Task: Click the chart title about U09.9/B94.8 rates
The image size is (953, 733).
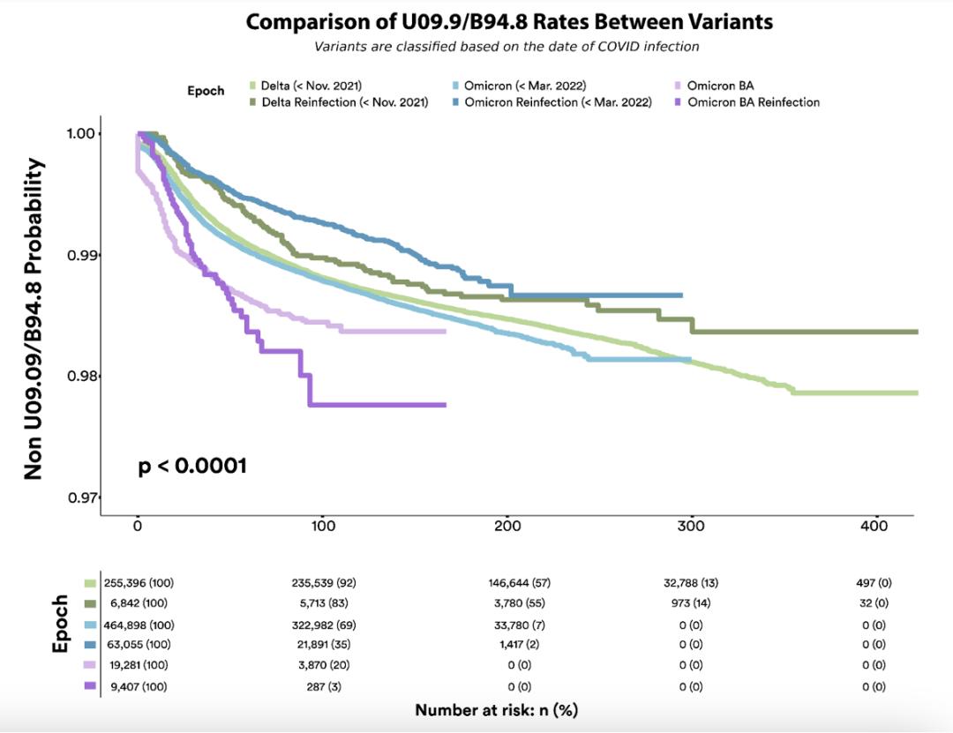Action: coord(509,22)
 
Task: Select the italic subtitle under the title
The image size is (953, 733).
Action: coord(509,46)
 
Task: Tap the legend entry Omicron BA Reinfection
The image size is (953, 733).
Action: coord(753,102)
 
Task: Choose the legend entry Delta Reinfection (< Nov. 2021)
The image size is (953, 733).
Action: coord(344,102)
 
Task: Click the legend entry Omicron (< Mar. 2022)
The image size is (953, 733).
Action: coord(525,86)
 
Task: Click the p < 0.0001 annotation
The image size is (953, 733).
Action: coord(192,466)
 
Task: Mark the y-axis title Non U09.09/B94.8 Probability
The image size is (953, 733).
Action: coord(34,319)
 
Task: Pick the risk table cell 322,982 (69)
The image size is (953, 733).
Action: coord(323,623)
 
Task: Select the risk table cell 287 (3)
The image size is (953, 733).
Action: coord(323,686)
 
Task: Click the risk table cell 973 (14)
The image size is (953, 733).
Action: coord(692,603)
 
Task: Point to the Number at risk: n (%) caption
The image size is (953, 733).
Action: coord(496,710)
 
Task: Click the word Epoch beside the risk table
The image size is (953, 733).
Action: coord(60,625)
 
